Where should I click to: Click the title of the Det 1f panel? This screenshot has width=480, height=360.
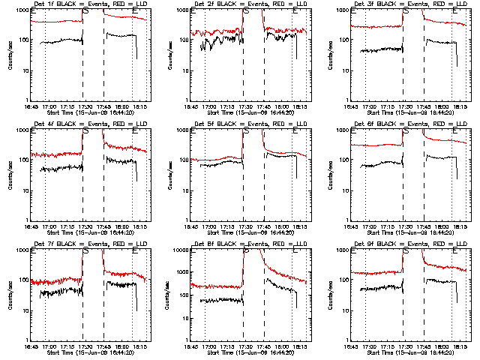(x=82, y=4)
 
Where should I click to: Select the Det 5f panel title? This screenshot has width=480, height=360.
(x=242, y=124)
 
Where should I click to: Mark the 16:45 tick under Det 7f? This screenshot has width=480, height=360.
(x=30, y=346)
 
